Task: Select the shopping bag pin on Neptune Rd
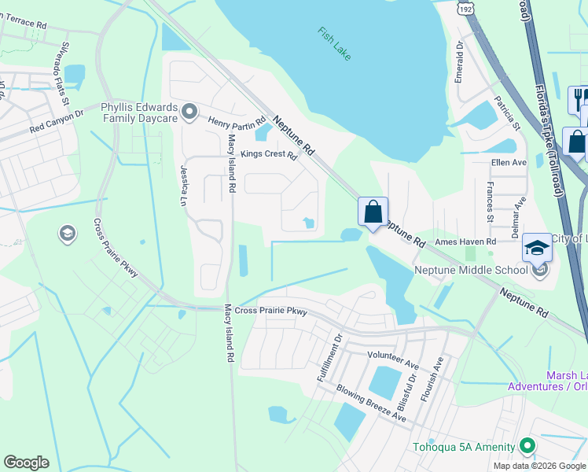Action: [373, 212]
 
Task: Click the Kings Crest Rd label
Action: [268, 154]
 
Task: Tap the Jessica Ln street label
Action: [185, 186]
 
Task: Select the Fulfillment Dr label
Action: [329, 359]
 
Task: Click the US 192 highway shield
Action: [463, 8]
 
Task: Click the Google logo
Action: [26, 463]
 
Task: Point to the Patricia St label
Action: [507, 112]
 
